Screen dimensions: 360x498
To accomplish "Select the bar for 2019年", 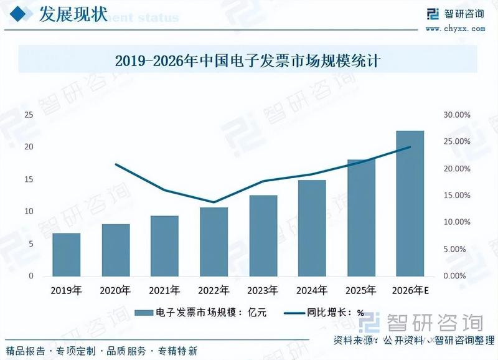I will point(66,254).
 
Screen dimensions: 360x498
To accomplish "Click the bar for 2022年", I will point(214,242).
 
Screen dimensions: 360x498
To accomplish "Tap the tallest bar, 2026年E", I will point(410,203).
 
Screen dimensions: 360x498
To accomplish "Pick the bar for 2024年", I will point(312,228).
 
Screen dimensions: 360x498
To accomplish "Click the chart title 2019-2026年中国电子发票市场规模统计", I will point(248,61).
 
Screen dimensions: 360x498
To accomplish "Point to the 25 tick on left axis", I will point(29,115).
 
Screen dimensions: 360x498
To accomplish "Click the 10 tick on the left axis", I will point(29,212).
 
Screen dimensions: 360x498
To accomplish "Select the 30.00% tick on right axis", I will point(456,115).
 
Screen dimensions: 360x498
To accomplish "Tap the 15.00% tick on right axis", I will point(456,196).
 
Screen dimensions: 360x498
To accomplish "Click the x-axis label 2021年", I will point(164,290).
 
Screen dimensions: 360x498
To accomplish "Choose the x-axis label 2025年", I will point(361,290).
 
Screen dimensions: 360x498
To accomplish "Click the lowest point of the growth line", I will point(214,202).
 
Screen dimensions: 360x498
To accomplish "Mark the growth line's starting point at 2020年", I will point(116,164).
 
